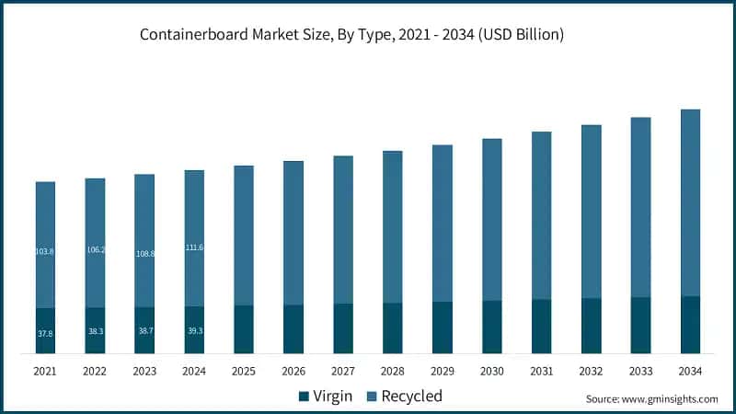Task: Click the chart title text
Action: (x=351, y=35)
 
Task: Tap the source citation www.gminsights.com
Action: (x=651, y=399)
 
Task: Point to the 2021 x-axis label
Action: (x=45, y=371)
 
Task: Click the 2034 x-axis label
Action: (x=690, y=371)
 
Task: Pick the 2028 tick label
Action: (x=392, y=371)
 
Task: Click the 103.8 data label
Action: (x=45, y=251)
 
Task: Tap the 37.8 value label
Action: (x=45, y=333)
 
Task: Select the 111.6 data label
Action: (x=194, y=247)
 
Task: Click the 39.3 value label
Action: (x=194, y=330)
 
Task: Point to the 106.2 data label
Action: (x=95, y=249)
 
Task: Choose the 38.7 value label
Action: (x=144, y=331)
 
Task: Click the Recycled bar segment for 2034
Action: (x=690, y=202)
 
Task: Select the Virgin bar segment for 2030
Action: (x=491, y=327)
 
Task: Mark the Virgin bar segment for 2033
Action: (x=640, y=325)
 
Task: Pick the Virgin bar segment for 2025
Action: (x=244, y=329)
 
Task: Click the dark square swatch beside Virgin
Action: (x=304, y=397)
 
